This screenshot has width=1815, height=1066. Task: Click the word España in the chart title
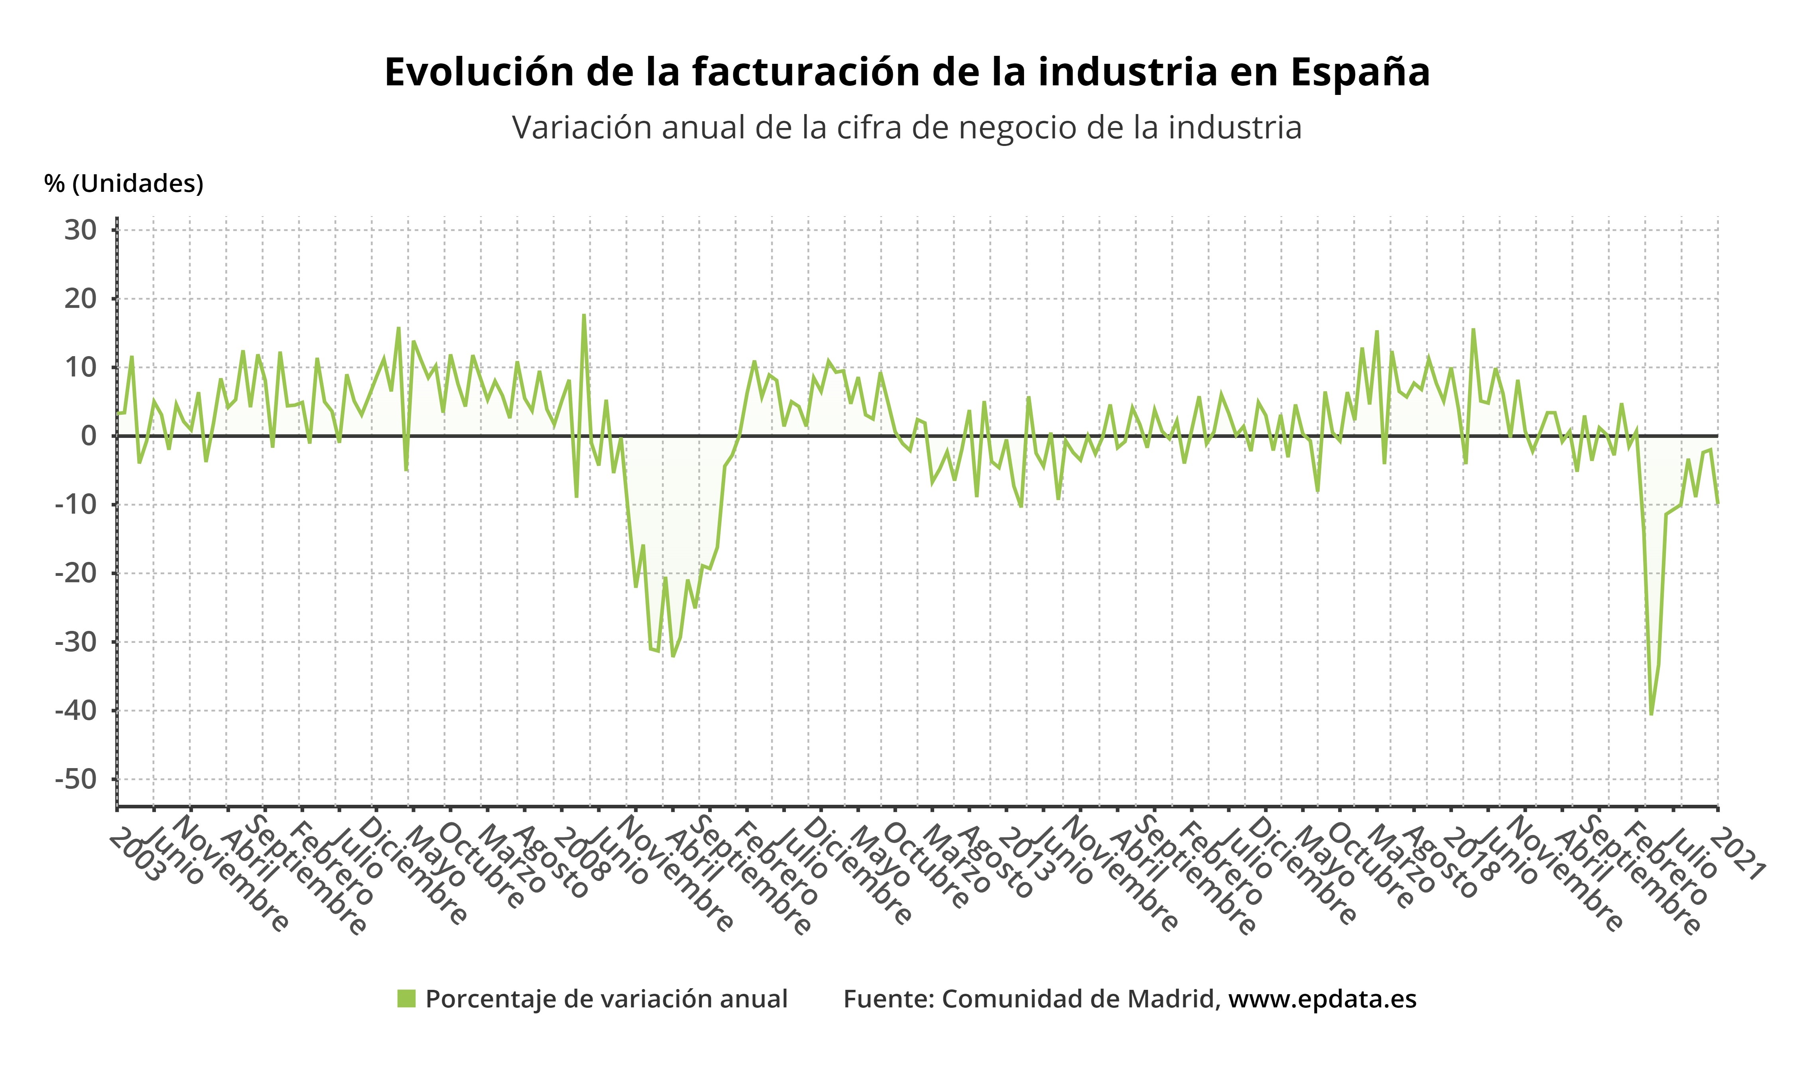pos(1359,72)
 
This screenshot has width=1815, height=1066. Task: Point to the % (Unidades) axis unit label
pos(124,184)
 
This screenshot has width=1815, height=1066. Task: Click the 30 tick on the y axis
pos(80,231)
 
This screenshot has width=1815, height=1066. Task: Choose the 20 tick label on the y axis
pos(80,299)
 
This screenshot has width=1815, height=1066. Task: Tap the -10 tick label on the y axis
pos(76,504)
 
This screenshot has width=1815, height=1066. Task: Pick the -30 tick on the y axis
pos(76,642)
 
